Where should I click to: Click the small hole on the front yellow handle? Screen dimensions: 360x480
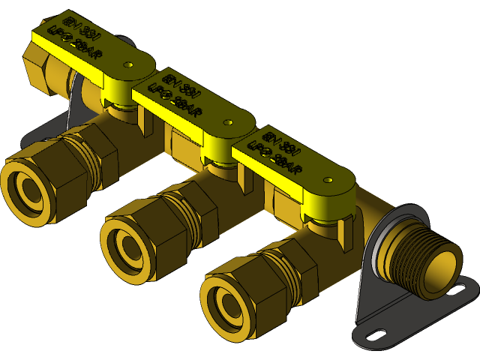click(328, 180)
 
